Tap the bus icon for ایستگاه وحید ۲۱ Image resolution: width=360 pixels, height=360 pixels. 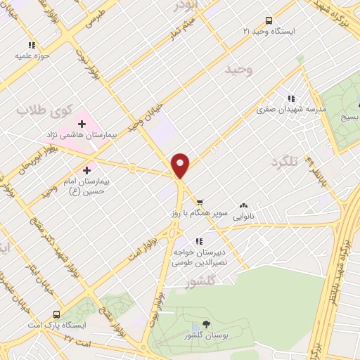268,20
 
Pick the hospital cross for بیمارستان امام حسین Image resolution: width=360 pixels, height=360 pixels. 87,169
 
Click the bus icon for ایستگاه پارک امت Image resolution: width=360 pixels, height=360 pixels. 56,314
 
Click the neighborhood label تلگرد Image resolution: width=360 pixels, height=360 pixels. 285,162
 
